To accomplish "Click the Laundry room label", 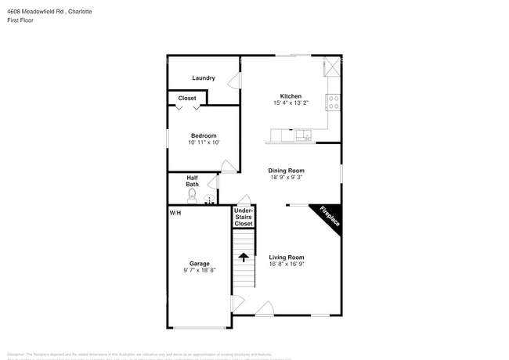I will click(204, 78).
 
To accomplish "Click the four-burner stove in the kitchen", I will click(333, 102).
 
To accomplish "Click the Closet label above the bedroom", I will click(187, 99).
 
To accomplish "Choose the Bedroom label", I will click(204, 135).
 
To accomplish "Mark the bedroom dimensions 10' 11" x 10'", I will click(204, 142).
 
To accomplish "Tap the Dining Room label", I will click(286, 170).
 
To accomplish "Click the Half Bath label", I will click(192, 181).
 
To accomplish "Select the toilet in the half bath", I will click(192, 195).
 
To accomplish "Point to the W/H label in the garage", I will click(175, 213).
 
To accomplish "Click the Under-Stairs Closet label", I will click(244, 217).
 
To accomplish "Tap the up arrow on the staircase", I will click(244, 256).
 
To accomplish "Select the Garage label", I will click(199, 263).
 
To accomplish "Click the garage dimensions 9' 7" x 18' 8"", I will click(199, 270).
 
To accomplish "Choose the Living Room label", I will click(286, 257).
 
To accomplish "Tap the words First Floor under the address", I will click(22, 20).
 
